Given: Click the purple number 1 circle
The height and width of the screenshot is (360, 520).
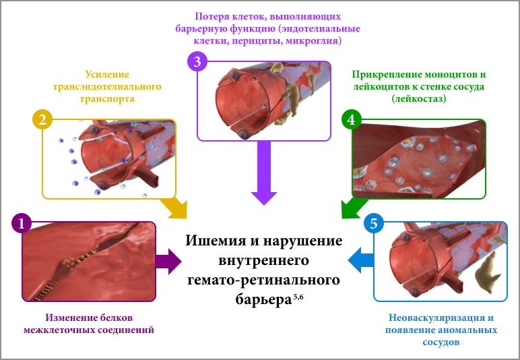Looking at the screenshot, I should tap(22, 224).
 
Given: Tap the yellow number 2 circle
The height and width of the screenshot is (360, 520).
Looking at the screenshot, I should tap(42, 120).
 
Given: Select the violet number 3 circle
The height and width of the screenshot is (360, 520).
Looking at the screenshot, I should tap(197, 62).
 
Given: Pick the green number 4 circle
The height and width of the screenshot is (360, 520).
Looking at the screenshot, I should tap(352, 120).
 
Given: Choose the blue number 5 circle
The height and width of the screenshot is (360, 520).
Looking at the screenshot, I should tap(373, 224).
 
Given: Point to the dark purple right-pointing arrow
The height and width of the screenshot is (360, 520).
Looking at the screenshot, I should tap(169, 261).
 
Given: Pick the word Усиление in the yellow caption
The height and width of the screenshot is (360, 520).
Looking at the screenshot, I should tap(106, 74).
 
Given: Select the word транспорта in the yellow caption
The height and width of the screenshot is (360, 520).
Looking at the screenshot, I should tap(106, 98).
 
